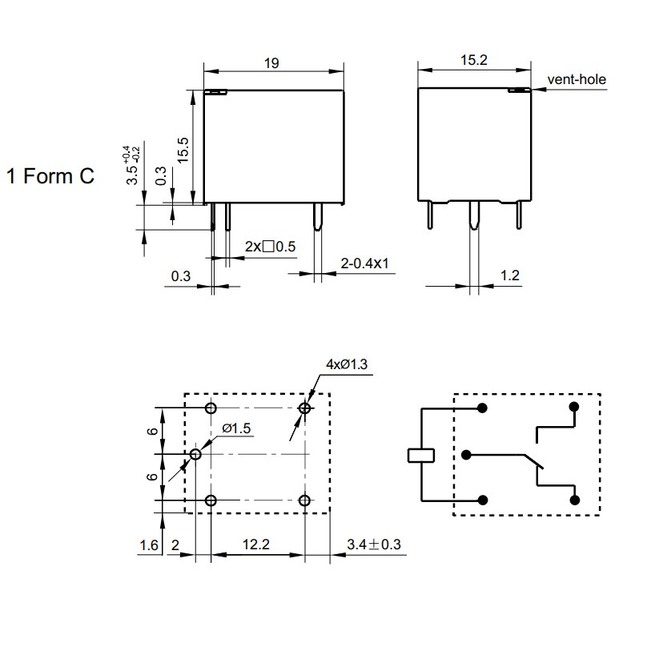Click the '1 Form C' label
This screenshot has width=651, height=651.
pyautogui.click(x=50, y=176)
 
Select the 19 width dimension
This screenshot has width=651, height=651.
pyautogui.click(x=271, y=63)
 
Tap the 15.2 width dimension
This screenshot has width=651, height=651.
pyautogui.click(x=474, y=60)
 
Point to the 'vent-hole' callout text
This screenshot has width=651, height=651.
pyautogui.click(x=577, y=79)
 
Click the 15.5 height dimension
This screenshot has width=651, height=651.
pyautogui.click(x=183, y=150)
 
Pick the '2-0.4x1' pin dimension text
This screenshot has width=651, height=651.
pyautogui.click(x=364, y=263)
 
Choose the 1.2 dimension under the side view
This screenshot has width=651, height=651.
pyautogui.click(x=510, y=275)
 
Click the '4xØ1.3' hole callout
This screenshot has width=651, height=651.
pyautogui.click(x=347, y=364)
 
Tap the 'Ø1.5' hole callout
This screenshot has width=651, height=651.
pyautogui.click(x=236, y=428)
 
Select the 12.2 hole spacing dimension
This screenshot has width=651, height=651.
pyautogui.click(x=255, y=545)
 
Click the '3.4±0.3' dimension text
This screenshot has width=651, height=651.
pyautogui.click(x=374, y=545)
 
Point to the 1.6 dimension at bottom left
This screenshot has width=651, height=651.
pyautogui.click(x=149, y=545)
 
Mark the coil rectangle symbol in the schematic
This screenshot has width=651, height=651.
pyautogui.click(x=421, y=455)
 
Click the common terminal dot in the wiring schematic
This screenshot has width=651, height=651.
pyautogui.click(x=466, y=455)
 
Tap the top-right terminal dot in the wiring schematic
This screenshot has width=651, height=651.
pyautogui.click(x=574, y=407)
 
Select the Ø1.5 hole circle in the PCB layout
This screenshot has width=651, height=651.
pyautogui.click(x=195, y=454)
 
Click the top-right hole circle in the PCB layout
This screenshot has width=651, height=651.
pyautogui.click(x=305, y=408)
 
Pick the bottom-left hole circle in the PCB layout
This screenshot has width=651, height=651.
pyautogui.click(x=211, y=500)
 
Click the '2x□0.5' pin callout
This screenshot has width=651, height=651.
pyautogui.click(x=270, y=247)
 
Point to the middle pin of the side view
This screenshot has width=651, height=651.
pyautogui.click(x=474, y=215)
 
